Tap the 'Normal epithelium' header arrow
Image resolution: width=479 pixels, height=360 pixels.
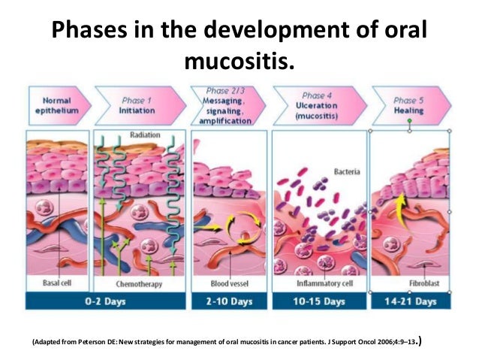57,105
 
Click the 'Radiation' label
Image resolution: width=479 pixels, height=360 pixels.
145,135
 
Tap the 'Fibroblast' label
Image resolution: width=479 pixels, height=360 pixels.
413,284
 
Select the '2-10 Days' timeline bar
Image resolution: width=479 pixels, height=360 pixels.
227,301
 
